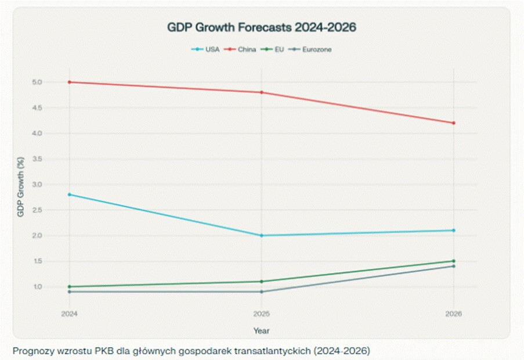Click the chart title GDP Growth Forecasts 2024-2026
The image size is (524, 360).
(x=261, y=27)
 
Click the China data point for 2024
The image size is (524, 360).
(x=69, y=82)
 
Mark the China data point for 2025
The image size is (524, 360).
(x=261, y=92)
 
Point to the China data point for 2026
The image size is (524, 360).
(x=454, y=123)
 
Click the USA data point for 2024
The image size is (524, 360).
(x=69, y=195)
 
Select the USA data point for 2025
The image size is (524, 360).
(x=261, y=235)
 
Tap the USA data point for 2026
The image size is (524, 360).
(x=454, y=231)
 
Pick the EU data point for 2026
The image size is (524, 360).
(x=454, y=261)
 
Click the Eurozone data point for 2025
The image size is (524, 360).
(x=261, y=291)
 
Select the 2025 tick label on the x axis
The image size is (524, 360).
(x=261, y=314)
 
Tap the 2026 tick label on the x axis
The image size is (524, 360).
(x=454, y=314)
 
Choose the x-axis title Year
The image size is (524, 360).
(x=261, y=330)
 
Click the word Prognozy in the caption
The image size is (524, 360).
(x=29, y=351)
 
